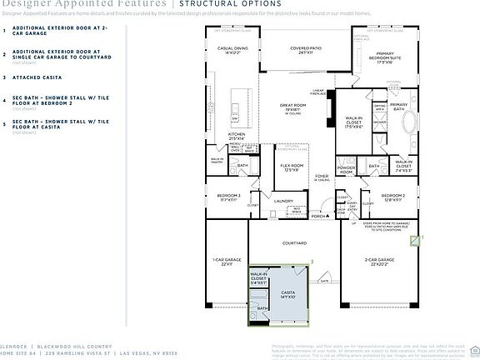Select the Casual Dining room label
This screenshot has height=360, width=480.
pos(227,51)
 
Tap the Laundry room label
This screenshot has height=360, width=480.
pos(282,201)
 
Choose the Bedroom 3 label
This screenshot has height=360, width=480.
pos(228,197)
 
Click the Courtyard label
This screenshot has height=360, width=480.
pos(294,243)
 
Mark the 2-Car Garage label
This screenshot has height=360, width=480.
pos(379,262)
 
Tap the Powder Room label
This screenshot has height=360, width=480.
pos(347,168)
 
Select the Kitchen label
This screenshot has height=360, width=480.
pos(237,135)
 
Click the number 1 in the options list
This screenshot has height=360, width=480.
pos(5,29)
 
